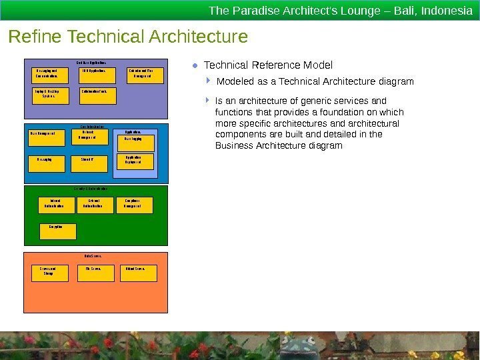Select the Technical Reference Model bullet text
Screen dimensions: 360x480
268,65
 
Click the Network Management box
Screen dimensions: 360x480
89,136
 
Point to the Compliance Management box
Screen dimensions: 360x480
136,204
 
